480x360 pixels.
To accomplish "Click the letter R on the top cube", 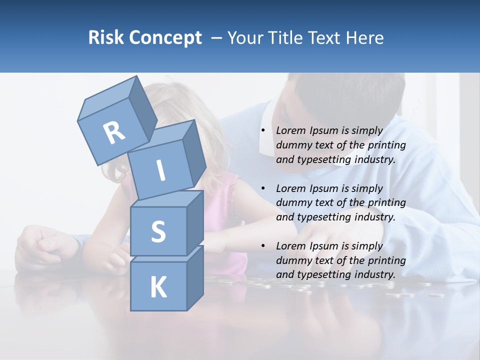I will [x=114, y=132].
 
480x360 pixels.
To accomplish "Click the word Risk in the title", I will [x=106, y=37].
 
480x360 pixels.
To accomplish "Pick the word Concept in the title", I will [x=165, y=37].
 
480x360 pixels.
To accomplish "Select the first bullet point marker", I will [x=262, y=131].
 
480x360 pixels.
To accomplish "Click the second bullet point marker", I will [x=262, y=188].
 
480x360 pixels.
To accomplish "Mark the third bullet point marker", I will [x=262, y=246].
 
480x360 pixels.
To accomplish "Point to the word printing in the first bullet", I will [x=386, y=145].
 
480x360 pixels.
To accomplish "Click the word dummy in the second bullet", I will [x=293, y=202].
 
